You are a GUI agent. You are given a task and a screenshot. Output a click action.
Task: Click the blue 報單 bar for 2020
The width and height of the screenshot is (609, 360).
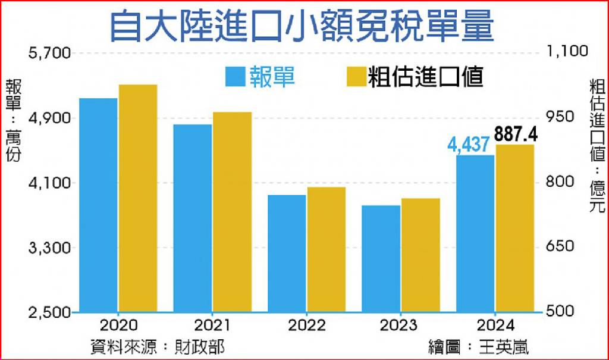click(98, 205)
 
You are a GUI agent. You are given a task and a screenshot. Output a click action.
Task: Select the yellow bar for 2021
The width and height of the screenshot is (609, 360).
click(233, 212)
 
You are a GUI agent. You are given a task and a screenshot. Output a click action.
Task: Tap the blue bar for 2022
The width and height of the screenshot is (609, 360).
click(287, 253)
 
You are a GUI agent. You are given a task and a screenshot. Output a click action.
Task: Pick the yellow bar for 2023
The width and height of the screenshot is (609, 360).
click(420, 255)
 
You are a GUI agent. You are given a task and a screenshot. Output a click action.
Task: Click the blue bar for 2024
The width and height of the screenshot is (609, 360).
click(475, 233)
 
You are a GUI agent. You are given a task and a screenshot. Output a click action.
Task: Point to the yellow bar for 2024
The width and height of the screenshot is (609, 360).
click(515, 228)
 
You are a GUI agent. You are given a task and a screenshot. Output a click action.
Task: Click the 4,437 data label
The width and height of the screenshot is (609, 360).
click(468, 145)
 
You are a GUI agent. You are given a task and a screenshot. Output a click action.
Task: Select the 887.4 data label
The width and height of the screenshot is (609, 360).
click(516, 134)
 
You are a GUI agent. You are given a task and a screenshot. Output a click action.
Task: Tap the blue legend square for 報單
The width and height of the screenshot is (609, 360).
click(236, 77)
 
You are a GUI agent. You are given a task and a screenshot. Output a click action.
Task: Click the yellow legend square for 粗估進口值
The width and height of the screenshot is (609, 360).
click(357, 77)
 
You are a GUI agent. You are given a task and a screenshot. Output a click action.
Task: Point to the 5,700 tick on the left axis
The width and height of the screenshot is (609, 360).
click(50, 53)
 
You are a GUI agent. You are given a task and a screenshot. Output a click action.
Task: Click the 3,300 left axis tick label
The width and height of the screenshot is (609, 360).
click(50, 248)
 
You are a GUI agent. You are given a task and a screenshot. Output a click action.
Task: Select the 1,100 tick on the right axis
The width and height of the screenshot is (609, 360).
click(567, 51)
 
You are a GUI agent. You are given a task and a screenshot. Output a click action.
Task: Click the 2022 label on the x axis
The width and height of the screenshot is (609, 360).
click(306, 325)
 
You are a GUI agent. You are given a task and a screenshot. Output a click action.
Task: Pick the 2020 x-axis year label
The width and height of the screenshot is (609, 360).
click(118, 325)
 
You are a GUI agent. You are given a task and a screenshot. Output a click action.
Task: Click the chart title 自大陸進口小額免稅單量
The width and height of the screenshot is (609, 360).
click(302, 26)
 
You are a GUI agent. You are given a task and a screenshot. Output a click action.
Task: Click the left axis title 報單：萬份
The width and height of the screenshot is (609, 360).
click(13, 120)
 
